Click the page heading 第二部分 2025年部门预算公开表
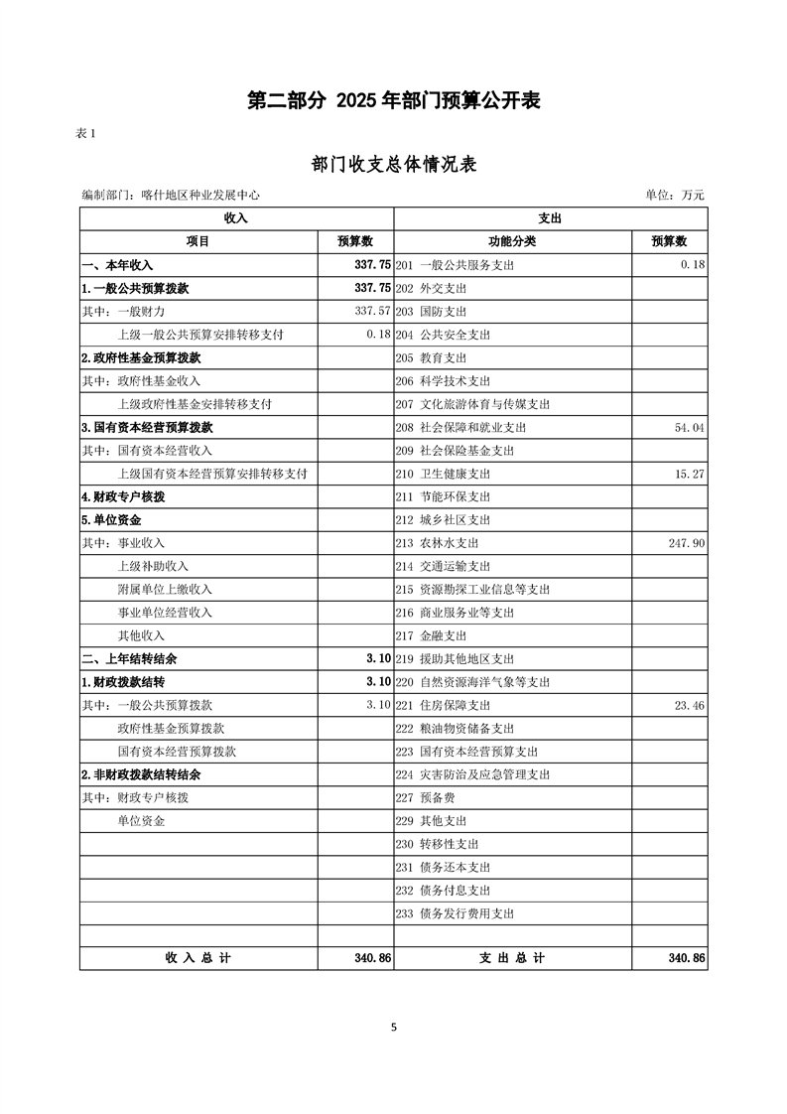pos(394,101)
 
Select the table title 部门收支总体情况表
pos(394,164)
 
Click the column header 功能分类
pos(512,241)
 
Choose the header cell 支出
pos(550,217)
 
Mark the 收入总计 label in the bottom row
pos(197,958)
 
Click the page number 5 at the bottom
pos(394,1028)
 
